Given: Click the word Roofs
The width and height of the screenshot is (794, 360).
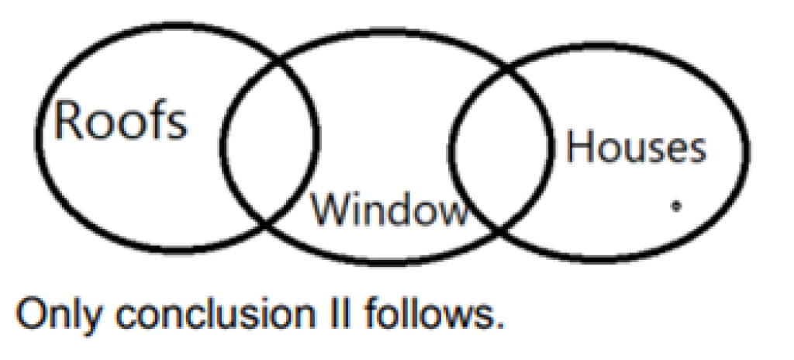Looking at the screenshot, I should click(x=120, y=122).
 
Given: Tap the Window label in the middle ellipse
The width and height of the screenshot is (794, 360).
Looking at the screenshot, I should click(x=390, y=210).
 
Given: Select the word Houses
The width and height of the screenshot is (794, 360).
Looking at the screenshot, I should click(x=636, y=147).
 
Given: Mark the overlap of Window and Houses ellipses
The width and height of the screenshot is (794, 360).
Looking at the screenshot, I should click(x=500, y=147).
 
